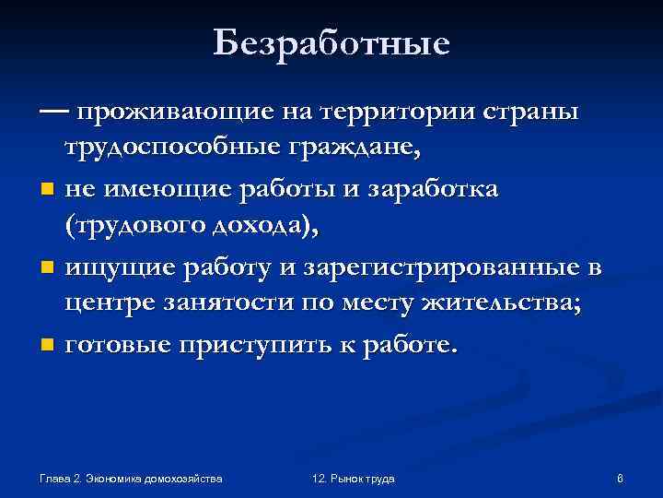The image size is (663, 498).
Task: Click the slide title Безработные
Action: pos(331,42)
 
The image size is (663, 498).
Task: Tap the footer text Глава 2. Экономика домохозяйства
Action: pos(132,479)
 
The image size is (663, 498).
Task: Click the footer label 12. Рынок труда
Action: pos(354,479)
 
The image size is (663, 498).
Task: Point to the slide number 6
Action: pos(620,479)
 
